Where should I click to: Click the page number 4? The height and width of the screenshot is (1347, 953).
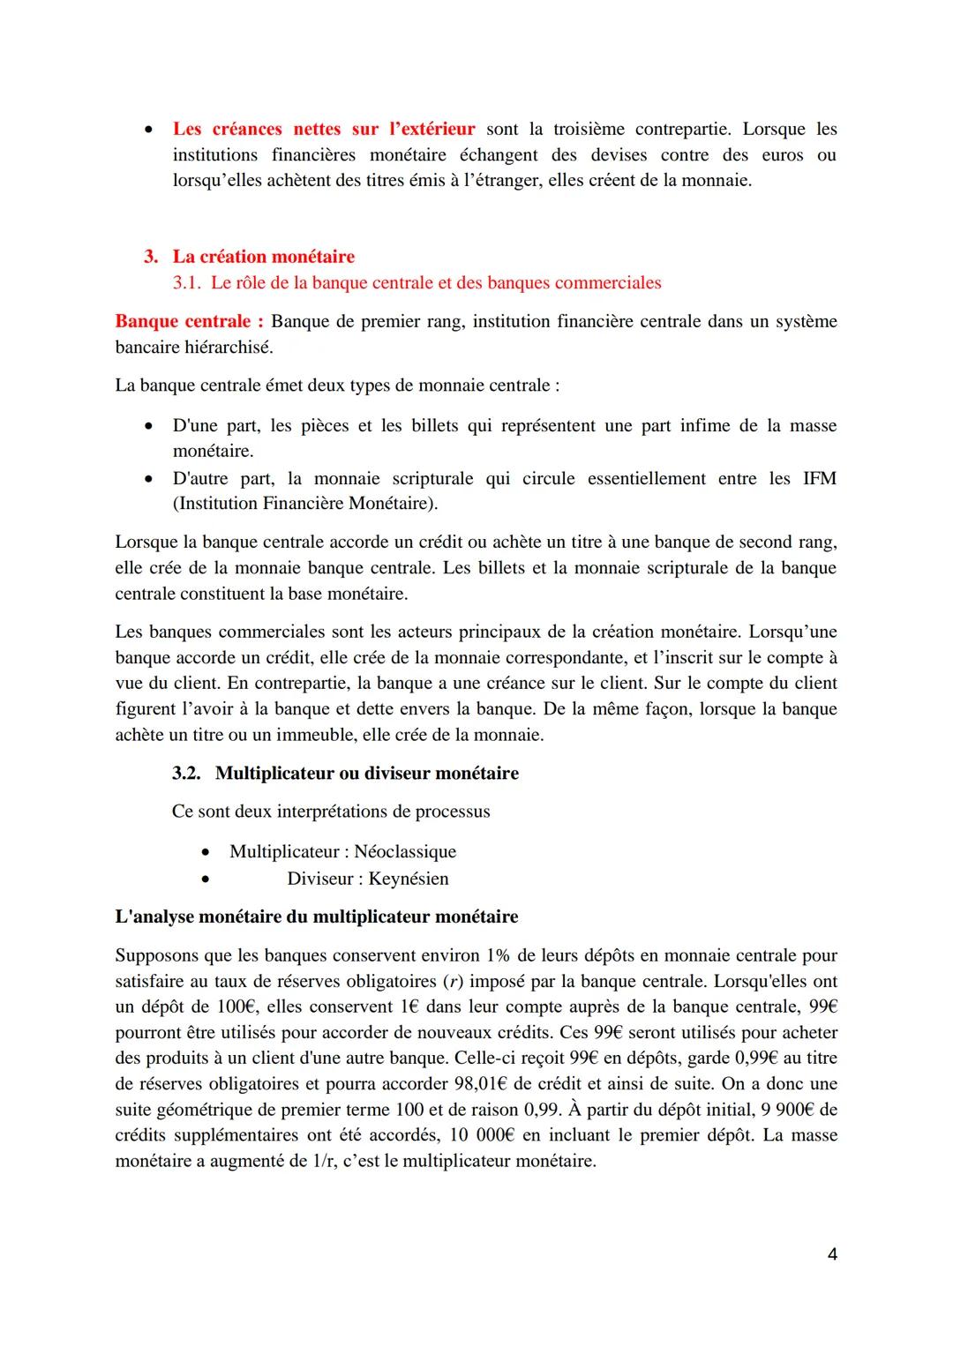tap(832, 1253)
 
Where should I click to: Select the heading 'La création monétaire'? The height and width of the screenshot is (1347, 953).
tap(263, 257)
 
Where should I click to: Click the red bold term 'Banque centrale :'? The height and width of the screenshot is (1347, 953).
tap(189, 321)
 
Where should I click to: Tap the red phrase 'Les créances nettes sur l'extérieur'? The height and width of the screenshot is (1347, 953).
tap(323, 129)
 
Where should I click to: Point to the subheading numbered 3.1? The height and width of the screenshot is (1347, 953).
tap(416, 283)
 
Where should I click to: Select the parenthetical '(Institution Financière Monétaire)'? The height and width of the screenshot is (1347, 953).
tap(305, 504)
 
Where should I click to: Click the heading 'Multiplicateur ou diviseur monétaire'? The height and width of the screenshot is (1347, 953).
tap(366, 773)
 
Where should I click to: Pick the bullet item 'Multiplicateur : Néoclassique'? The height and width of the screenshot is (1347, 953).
tap(342, 851)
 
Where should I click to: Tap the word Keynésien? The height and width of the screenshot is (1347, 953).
tap(409, 879)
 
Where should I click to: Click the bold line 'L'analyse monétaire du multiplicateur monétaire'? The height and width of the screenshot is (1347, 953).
tap(316, 917)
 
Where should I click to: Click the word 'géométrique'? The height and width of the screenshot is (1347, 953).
tap(199, 1109)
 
